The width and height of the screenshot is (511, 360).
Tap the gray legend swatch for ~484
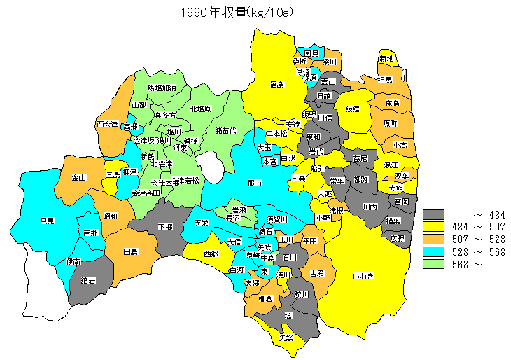point(435,214)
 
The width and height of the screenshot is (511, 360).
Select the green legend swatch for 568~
point(435,264)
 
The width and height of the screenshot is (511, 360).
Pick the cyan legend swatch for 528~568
point(435,251)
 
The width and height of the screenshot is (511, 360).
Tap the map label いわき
point(363,277)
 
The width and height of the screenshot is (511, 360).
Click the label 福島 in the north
point(276,85)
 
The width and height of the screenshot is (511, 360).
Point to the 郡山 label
point(255,183)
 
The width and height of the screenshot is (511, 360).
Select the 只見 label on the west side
point(48,220)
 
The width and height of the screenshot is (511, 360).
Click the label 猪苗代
point(225,130)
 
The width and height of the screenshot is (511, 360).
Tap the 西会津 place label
point(107,125)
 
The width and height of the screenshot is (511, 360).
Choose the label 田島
point(130,251)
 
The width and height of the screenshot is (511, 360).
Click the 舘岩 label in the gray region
point(87,280)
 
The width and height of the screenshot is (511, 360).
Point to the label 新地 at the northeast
point(386,58)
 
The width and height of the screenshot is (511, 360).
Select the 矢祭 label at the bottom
point(286,337)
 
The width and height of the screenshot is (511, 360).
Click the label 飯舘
point(351,109)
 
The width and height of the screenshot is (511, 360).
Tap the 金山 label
point(78,178)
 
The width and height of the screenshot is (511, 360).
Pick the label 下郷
point(165,227)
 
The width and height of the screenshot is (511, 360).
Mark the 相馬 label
point(384,81)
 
